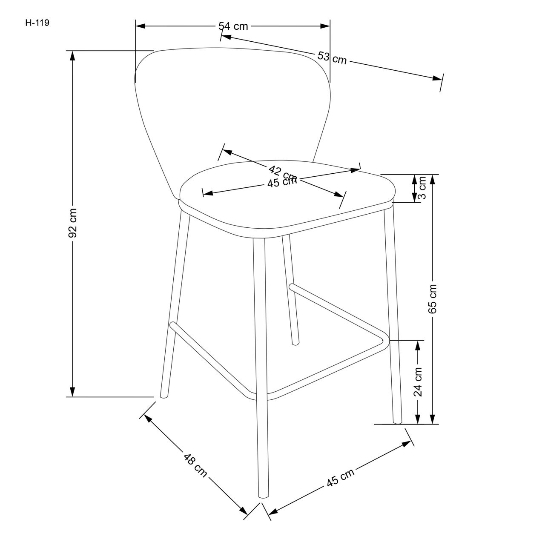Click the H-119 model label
pos(37,23)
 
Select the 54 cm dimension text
pos(233,26)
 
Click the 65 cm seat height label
pos(433,298)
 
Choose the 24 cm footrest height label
pos(418,382)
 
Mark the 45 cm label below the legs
pos(340,478)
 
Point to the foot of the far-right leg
pos(397,422)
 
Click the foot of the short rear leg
pos(295,342)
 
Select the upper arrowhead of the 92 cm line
pos(73,56)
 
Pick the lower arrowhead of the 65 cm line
pos(433,419)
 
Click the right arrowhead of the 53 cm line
pos(438,79)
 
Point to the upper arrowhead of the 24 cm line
pos(418,345)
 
